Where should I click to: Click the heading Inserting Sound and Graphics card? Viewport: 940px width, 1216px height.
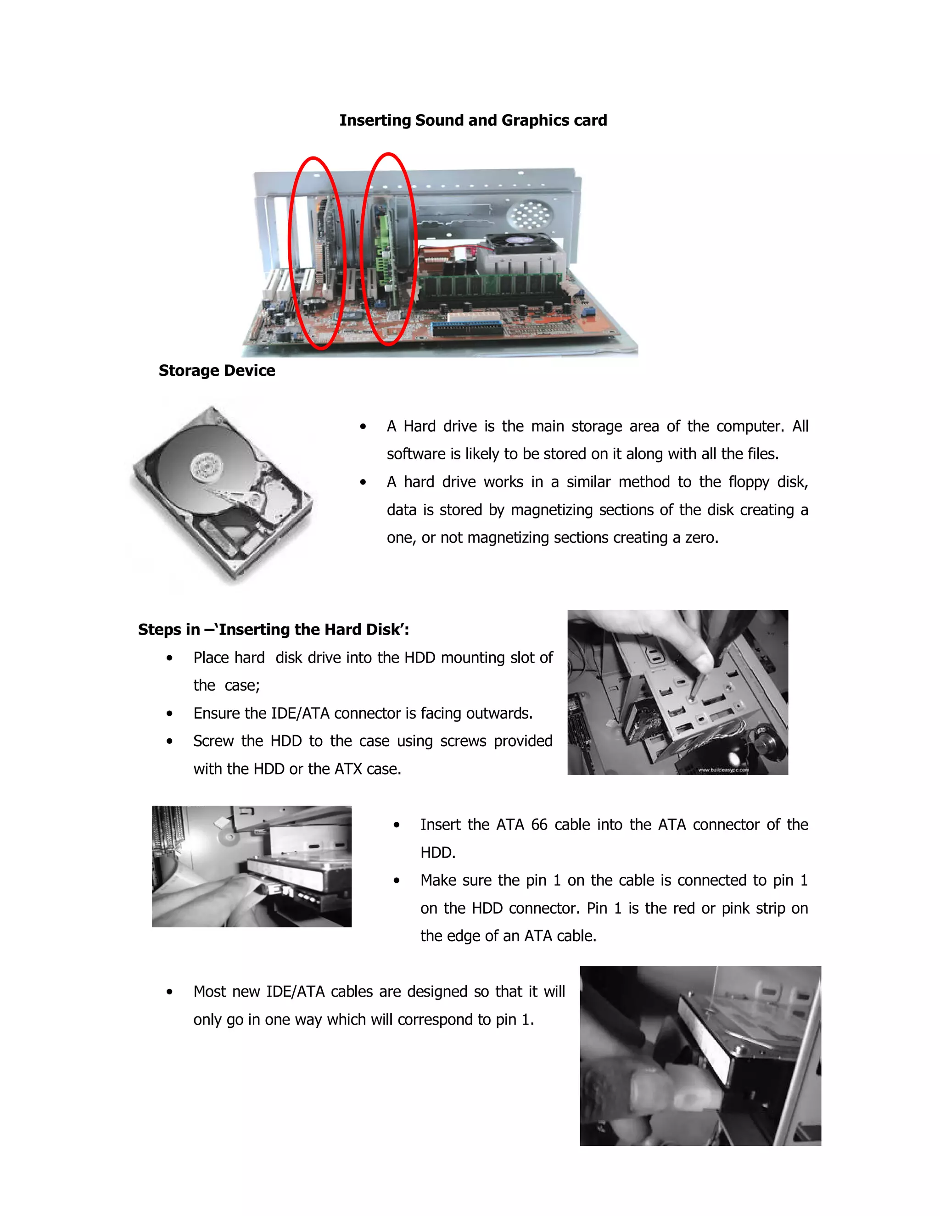473,120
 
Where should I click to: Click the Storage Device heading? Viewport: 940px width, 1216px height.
217,370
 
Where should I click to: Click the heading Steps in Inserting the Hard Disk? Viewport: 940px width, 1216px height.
274,629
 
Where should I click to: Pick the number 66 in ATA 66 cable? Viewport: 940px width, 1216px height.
538,825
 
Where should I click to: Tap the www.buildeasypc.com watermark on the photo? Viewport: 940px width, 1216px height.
723,770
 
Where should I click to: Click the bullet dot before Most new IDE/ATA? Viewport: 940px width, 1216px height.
169,992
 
